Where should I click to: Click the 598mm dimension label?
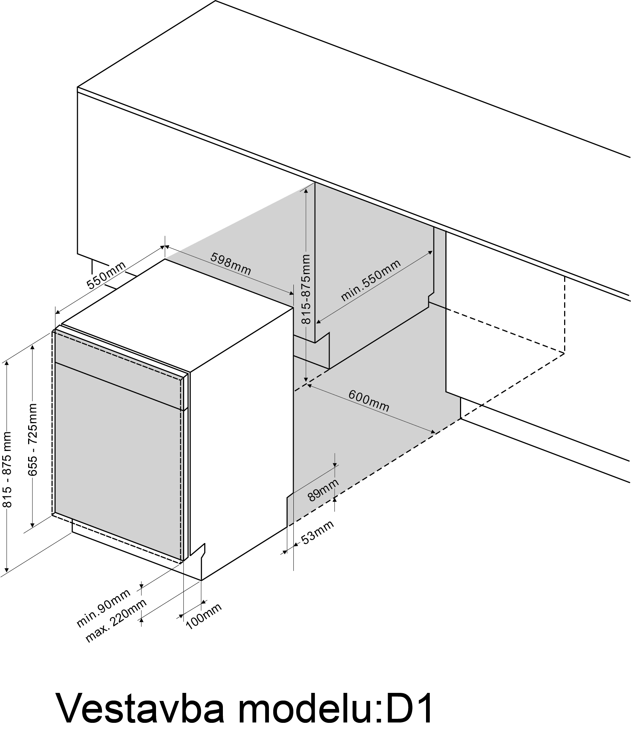pos(231,264)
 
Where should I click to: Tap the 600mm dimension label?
pos(369,401)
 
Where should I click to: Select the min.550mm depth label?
pos(370,280)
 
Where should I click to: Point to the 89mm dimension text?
pos(323,490)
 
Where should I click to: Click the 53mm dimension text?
pos(317,532)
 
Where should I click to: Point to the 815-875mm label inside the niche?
pos(305,289)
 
